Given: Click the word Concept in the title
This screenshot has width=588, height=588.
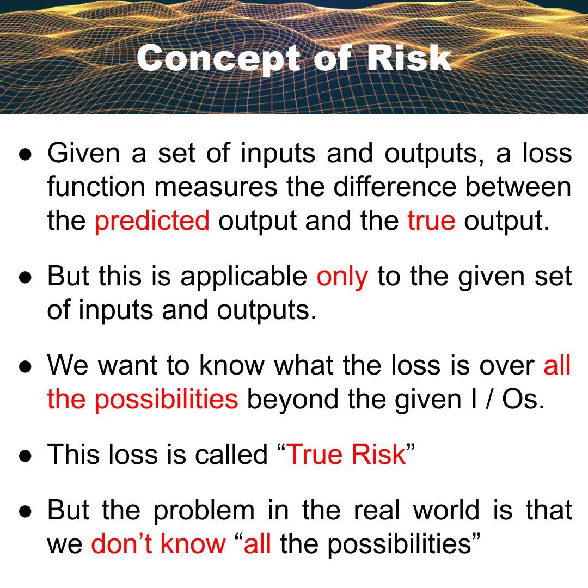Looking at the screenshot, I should pos(218,58).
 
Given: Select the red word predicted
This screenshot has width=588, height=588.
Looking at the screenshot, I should pos(152,220).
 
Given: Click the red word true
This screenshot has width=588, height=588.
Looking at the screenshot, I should pos(431,220).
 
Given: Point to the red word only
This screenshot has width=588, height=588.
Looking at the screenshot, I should pos(342,276).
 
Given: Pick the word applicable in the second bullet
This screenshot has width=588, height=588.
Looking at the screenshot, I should pos(244,276).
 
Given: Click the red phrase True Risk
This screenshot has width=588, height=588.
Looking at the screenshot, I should pos(346,454).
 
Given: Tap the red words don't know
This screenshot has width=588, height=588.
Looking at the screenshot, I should pos(158,543).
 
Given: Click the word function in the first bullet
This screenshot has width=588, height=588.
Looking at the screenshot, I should pos(96,187).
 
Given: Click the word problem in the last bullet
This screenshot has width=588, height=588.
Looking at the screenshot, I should pos(203,510).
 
